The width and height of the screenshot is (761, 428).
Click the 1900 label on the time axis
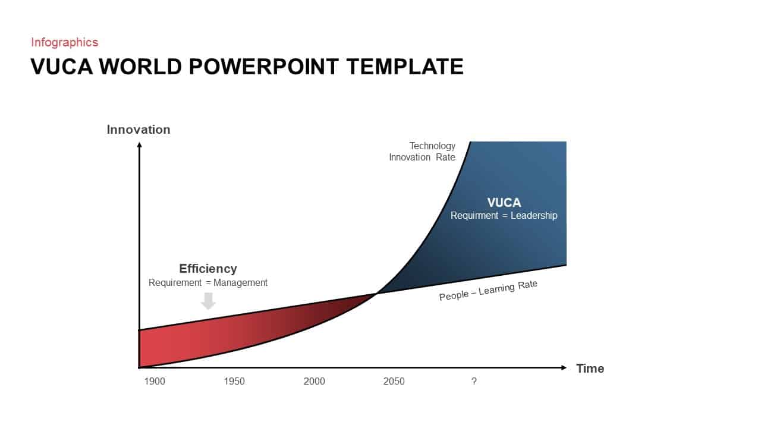pyautogui.click(x=155, y=381)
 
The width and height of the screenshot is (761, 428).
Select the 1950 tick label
pyautogui.click(x=234, y=381)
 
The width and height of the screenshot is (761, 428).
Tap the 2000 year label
pyautogui.click(x=315, y=381)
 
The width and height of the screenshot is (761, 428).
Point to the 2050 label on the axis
pyautogui.click(x=394, y=381)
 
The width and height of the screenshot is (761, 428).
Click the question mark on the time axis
pyautogui.click(x=474, y=381)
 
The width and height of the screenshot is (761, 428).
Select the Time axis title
pyautogui.click(x=590, y=369)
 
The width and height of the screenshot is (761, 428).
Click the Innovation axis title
pyautogui.click(x=139, y=130)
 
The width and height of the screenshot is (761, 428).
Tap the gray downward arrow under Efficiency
pyautogui.click(x=208, y=301)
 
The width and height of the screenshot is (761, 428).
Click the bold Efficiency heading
pyautogui.click(x=208, y=269)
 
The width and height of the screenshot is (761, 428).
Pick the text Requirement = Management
pyautogui.click(x=208, y=283)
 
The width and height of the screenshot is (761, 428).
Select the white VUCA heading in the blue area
pyautogui.click(x=504, y=203)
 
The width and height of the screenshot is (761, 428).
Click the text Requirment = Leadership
pyautogui.click(x=504, y=216)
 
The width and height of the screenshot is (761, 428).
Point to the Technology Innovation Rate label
pyautogui.click(x=423, y=152)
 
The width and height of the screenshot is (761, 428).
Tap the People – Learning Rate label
pyautogui.click(x=488, y=290)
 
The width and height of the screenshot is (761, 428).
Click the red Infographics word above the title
pyautogui.click(x=65, y=42)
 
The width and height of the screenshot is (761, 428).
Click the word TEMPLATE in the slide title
pyautogui.click(x=405, y=67)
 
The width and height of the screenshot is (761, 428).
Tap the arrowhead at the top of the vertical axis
pyautogui.click(x=139, y=146)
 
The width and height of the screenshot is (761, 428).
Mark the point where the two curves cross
pyautogui.click(x=377, y=293)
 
